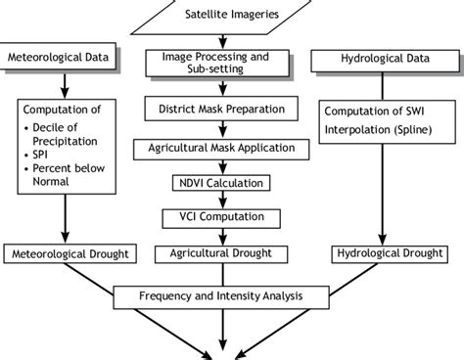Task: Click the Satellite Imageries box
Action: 231,14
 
